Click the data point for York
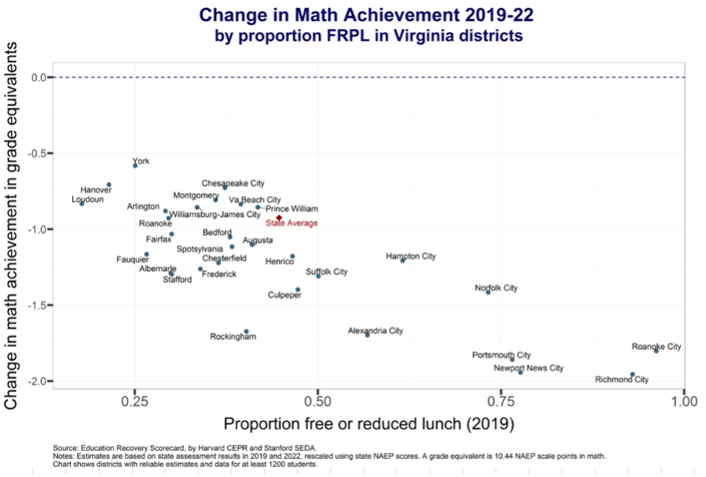pos(135,166)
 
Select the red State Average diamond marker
pos(279,218)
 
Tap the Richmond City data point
pos(632,374)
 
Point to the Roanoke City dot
pos(656,351)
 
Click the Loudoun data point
pos(82,204)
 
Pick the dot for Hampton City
pos(403,260)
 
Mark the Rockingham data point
pos(246,331)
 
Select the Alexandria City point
pos(367,335)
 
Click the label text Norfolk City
pos(496,288)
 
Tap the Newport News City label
pos(528,369)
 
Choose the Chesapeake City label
pos(233,184)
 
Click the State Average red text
pos(291,223)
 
